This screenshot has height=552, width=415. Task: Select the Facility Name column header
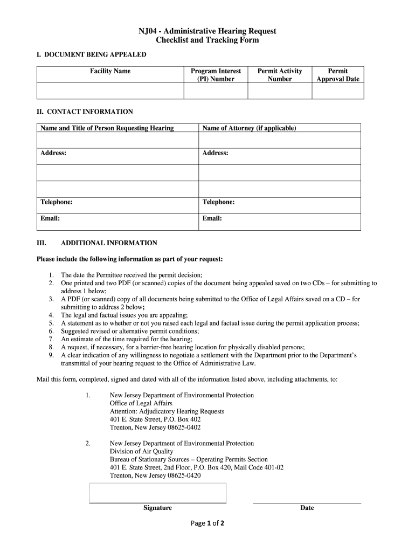click(x=110, y=71)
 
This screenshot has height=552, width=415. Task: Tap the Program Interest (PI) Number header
click(x=216, y=75)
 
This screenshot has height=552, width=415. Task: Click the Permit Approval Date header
click(x=337, y=75)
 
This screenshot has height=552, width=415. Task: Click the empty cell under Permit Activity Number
click(x=280, y=91)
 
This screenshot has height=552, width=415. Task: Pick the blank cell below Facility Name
click(x=110, y=91)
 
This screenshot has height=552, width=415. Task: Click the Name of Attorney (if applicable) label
click(x=249, y=128)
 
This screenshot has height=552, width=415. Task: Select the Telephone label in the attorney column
click(x=218, y=202)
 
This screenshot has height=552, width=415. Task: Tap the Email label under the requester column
click(x=50, y=218)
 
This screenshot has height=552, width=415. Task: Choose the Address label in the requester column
click(x=53, y=153)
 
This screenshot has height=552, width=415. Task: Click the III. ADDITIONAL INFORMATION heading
click(x=109, y=243)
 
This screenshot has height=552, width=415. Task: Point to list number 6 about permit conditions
click(x=51, y=331)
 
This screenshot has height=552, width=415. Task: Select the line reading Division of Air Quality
click(x=141, y=451)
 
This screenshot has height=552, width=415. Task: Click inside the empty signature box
click(x=157, y=493)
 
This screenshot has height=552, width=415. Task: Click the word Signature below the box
click(x=157, y=508)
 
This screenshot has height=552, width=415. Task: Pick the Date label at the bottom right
click(x=307, y=508)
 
